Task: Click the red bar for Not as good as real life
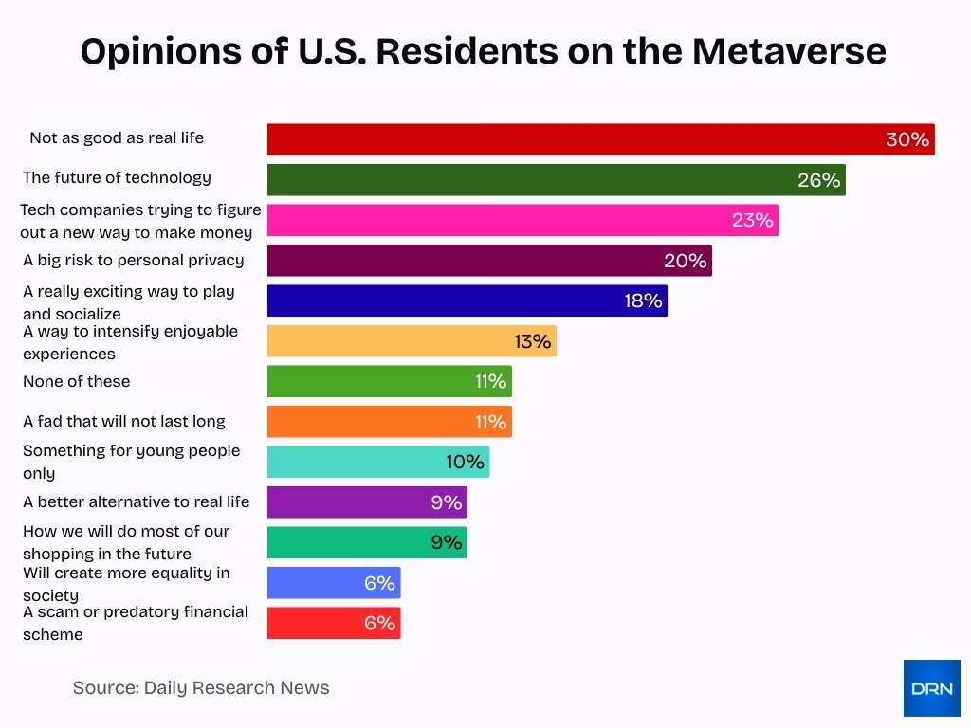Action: (569, 139)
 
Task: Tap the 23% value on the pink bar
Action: (753, 221)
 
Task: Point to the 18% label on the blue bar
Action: (643, 301)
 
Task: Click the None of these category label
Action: (77, 381)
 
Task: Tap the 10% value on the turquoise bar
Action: (465, 463)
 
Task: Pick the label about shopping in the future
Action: (125, 542)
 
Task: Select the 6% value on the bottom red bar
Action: (379, 623)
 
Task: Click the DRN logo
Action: (931, 687)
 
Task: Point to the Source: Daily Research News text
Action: (201, 688)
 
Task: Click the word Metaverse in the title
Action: (789, 51)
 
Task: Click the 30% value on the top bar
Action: (907, 139)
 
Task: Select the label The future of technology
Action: (117, 177)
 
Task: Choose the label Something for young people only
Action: (131, 462)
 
